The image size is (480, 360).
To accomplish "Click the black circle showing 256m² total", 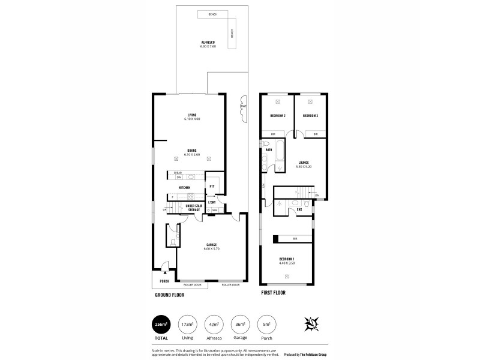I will point(161,325).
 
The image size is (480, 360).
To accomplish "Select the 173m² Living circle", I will point(187,325).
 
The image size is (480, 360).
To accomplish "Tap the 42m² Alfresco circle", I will point(214,325).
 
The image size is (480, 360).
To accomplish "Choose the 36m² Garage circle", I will point(240,325).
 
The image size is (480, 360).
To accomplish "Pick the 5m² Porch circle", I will point(266,325).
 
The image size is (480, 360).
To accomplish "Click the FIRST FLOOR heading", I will point(273,293).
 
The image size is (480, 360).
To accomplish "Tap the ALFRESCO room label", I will point(208,43).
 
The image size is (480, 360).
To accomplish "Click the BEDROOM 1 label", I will point(287,259).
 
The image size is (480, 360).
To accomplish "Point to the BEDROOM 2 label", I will point(277,115).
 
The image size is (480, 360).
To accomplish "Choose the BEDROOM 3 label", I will point(310,115).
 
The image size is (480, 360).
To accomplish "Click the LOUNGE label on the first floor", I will point(304,162).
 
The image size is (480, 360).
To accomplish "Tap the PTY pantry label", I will point(212,186).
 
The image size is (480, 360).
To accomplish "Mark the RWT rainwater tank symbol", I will point(243,107).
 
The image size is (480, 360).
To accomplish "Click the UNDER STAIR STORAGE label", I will point(194,208).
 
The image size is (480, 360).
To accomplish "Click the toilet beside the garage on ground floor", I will point(172,242).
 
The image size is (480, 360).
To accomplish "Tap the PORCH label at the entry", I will point(164,281).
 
